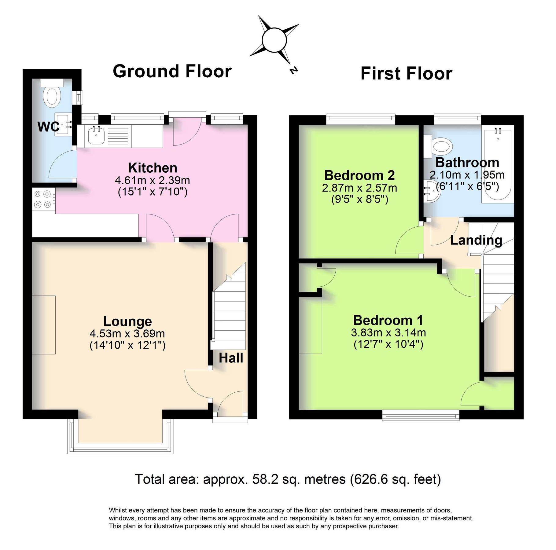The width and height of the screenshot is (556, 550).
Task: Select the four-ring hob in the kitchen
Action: click(43, 199)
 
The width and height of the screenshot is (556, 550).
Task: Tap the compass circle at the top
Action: click(274, 40)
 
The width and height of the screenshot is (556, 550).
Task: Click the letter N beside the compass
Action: click(293, 70)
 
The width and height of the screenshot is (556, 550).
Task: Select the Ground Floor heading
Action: click(172, 71)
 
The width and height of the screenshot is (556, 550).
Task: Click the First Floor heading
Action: click(406, 74)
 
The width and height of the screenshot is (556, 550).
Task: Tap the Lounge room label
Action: click(127, 321)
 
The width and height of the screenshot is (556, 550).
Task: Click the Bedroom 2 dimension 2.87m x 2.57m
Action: click(359, 188)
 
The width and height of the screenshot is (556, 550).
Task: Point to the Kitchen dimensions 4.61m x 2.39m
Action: click(152, 180)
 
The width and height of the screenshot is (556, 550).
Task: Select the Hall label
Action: click(231, 358)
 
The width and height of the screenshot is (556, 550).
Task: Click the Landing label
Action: click(476, 240)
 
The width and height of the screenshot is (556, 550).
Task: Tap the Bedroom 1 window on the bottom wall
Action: click(421, 415)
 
